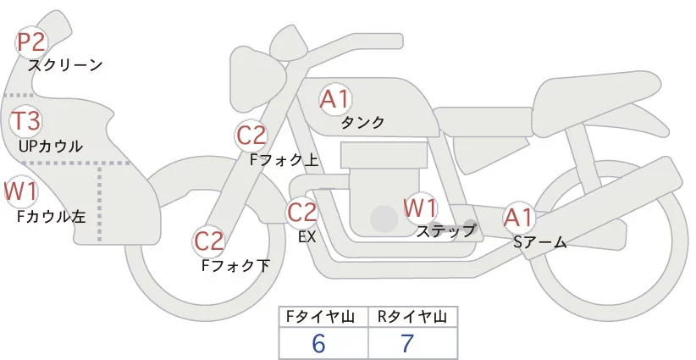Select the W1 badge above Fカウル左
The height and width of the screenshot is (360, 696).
point(20,191)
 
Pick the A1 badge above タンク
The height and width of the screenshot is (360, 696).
point(334,99)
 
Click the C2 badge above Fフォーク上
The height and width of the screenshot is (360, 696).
point(251,135)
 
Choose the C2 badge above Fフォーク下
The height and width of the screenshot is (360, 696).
point(208,241)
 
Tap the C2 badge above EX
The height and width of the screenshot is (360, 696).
point(302,211)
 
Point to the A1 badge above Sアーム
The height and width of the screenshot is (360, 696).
point(518,218)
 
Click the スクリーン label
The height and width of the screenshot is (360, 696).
point(65,64)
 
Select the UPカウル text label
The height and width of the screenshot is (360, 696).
point(51,146)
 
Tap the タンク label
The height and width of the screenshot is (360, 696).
point(362,122)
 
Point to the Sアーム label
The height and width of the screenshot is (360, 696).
point(539,242)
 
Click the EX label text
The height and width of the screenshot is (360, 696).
point(307,236)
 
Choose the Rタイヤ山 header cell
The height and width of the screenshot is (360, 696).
point(412,316)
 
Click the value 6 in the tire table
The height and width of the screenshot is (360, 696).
point(318,343)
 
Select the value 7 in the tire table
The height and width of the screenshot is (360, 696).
point(409,343)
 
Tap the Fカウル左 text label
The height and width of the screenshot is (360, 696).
point(52,216)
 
